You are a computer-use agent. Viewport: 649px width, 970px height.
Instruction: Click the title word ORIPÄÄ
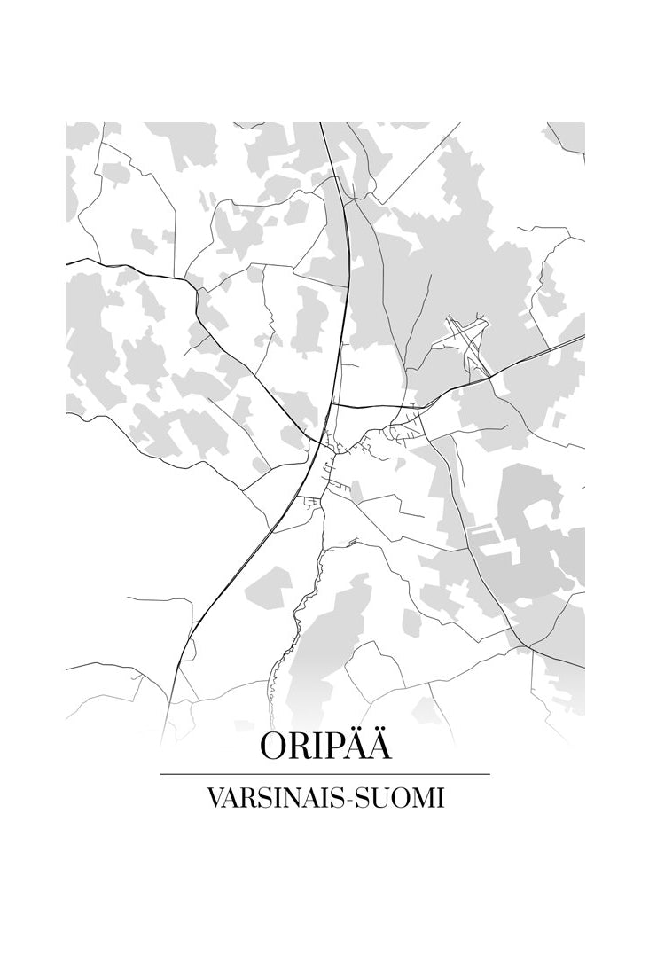pyautogui.click(x=324, y=747)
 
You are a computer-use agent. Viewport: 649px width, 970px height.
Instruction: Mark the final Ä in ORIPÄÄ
pyautogui.click(x=379, y=747)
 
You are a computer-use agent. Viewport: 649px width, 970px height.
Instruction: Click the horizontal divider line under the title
pyautogui.click(x=324, y=774)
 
